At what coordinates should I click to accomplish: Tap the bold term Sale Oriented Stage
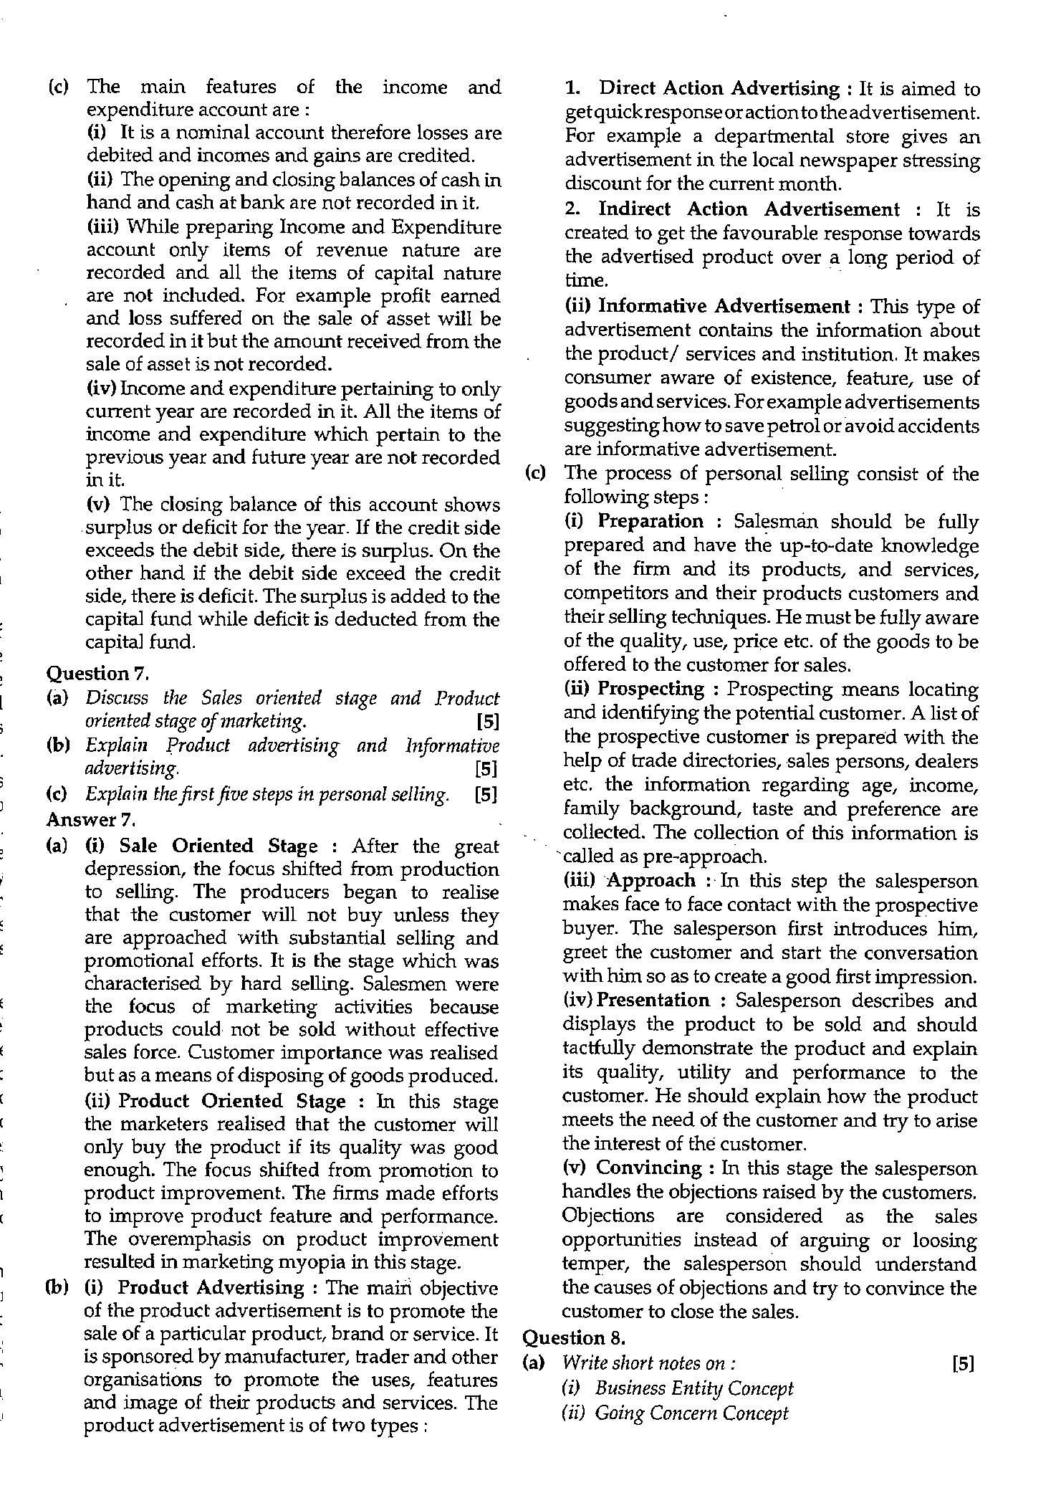219,846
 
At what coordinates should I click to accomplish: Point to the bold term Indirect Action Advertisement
749,209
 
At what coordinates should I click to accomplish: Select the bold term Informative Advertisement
724,306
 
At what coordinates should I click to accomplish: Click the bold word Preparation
650,521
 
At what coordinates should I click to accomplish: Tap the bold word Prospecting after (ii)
651,689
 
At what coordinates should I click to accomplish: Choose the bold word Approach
651,880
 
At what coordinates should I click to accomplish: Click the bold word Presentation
653,1000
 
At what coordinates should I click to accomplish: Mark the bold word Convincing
649,1168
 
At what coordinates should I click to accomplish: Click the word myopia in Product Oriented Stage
341,1261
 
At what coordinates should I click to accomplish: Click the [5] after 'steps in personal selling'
486,795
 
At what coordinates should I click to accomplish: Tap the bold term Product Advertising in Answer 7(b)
211,1287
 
